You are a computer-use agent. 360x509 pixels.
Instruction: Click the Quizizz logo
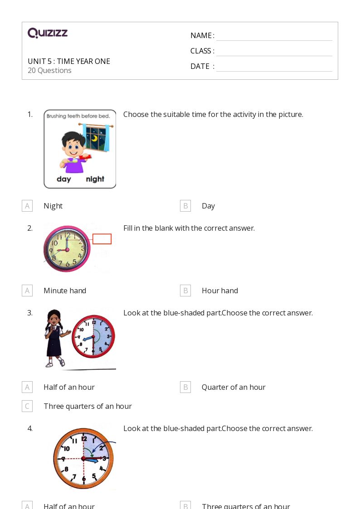pyautogui.click(x=48, y=33)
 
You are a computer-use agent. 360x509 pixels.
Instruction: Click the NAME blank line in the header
pyautogui.click(x=274, y=36)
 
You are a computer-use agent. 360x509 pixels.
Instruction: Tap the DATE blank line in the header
pyautogui.click(x=274, y=67)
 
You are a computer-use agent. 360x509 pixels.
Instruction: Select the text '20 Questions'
pyautogui.click(x=49, y=70)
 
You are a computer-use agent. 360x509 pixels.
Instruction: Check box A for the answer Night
pyautogui.click(x=27, y=206)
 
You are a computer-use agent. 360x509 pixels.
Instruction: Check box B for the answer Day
pyautogui.click(x=185, y=206)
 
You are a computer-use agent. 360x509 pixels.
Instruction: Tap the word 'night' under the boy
pyautogui.click(x=95, y=179)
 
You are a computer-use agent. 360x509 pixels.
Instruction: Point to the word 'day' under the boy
pyautogui.click(x=64, y=179)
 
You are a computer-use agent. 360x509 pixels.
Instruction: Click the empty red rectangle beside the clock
pyautogui.click(x=102, y=239)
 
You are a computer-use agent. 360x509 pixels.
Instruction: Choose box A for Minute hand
pyautogui.click(x=27, y=291)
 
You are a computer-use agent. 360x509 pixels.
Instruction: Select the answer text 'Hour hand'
pyautogui.click(x=219, y=291)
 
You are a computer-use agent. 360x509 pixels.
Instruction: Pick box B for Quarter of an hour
pyautogui.click(x=185, y=387)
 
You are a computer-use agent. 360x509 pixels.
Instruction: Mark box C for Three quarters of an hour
pyautogui.click(x=27, y=406)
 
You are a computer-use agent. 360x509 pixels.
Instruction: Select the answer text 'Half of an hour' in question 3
pyautogui.click(x=69, y=387)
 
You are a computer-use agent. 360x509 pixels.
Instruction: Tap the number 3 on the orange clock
pyautogui.click(x=104, y=458)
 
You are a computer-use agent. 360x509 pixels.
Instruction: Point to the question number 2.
pyautogui.click(x=30, y=228)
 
